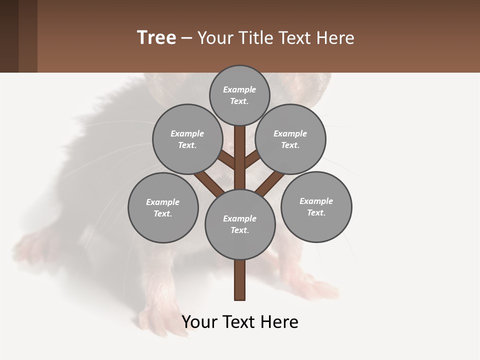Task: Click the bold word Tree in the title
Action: click(x=156, y=37)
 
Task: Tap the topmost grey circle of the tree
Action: click(x=239, y=95)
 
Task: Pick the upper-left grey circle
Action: click(x=187, y=139)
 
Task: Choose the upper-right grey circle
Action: click(x=290, y=139)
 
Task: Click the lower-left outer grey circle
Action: click(x=163, y=207)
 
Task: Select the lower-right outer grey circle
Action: click(x=316, y=206)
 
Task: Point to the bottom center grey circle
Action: click(x=240, y=224)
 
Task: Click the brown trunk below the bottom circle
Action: click(x=240, y=280)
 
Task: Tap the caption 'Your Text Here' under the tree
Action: click(x=240, y=322)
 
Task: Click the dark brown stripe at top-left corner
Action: click(x=9, y=36)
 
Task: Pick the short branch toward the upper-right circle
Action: click(x=252, y=159)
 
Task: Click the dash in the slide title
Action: click(x=186, y=38)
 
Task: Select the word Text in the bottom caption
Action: click(x=240, y=322)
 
